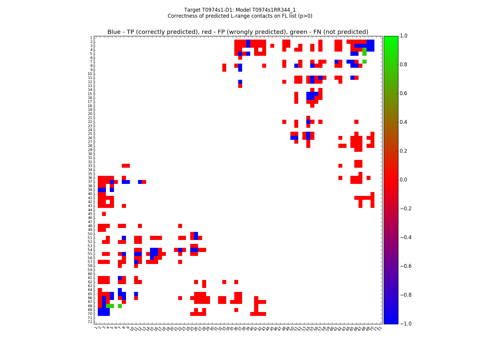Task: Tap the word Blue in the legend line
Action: tap(114, 32)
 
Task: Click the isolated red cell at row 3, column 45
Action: tap(272, 46)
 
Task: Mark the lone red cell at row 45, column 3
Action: tap(104, 214)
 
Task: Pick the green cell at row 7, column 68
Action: tap(364, 61)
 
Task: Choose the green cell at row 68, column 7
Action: tap(120, 306)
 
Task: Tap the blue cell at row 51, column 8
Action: tap(124, 238)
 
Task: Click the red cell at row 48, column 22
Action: tap(180, 226)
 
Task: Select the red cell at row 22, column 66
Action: tap(356, 122)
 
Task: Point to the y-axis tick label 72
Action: tap(90, 322)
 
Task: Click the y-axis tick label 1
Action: tap(91, 38)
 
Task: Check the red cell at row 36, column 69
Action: tap(368, 178)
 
